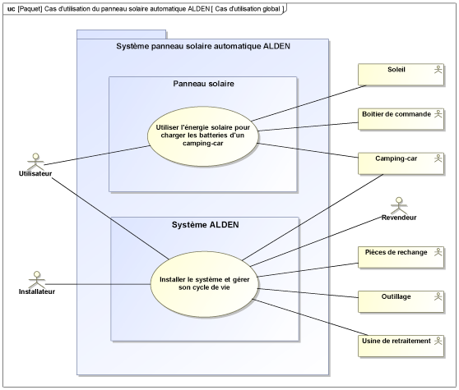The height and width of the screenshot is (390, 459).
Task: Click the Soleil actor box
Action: (401, 75)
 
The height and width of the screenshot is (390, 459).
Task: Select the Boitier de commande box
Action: (401, 119)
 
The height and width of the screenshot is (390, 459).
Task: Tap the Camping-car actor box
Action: (401, 163)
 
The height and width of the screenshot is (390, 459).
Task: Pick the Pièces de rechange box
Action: (401, 257)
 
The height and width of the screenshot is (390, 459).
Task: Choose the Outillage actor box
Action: (401, 301)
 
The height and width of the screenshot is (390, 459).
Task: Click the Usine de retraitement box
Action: (401, 346)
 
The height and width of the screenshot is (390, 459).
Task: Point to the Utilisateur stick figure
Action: (35, 161)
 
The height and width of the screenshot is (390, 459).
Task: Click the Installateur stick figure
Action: (36, 280)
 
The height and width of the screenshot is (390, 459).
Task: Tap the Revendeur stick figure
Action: (399, 205)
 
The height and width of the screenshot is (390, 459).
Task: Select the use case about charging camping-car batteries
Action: (203, 136)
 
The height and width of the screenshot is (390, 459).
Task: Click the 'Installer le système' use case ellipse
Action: (204, 284)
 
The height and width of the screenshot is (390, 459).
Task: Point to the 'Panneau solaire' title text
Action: (203, 84)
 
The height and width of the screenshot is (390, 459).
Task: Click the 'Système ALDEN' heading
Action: (205, 225)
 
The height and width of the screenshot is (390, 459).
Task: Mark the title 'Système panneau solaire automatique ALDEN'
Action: (203, 46)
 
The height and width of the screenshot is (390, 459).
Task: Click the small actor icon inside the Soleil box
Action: (438, 70)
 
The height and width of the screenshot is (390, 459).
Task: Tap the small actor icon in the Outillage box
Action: (438, 296)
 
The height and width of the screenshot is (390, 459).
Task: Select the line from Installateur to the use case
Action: (98, 284)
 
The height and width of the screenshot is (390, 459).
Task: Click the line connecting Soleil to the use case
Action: (308, 103)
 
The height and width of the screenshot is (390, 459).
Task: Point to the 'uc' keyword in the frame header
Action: (12, 9)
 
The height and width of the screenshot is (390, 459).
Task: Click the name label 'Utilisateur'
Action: (35, 173)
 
